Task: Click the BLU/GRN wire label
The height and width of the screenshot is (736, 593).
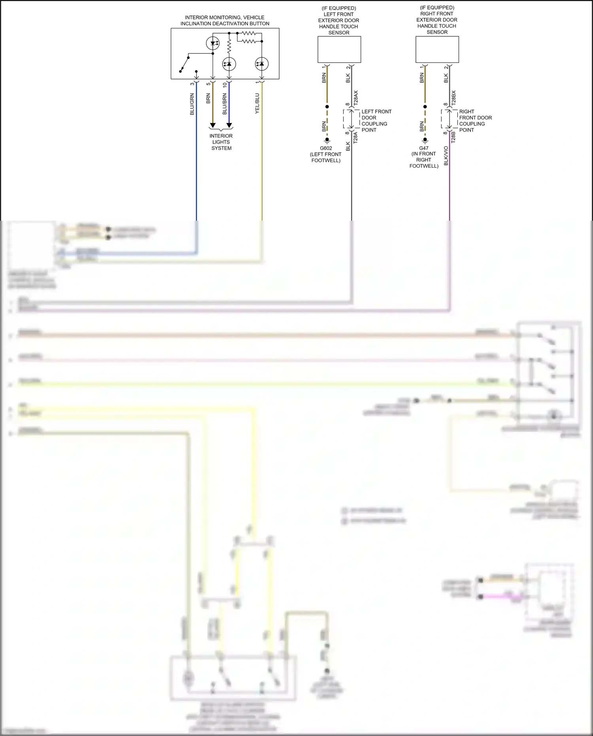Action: click(x=192, y=104)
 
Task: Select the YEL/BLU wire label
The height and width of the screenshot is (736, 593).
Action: click(x=257, y=104)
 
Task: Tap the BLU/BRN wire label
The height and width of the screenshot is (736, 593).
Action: click(x=225, y=104)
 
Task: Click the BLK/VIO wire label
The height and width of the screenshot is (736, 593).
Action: click(x=446, y=156)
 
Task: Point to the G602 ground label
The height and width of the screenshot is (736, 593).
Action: click(x=326, y=148)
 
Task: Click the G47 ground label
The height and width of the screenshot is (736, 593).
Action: click(x=424, y=148)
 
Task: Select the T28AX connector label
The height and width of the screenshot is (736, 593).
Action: click(x=356, y=98)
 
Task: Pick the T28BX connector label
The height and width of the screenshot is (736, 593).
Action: click(x=453, y=98)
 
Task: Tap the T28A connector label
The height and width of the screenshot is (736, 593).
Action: click(x=355, y=137)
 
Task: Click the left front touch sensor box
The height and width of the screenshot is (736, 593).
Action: click(x=339, y=49)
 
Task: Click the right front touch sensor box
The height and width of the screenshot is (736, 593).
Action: click(x=437, y=49)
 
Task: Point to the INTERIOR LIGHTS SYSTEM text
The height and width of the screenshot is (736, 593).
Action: click(x=221, y=142)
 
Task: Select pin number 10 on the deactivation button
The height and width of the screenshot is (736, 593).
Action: click(x=225, y=84)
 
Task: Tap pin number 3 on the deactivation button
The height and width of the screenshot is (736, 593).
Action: click(x=192, y=84)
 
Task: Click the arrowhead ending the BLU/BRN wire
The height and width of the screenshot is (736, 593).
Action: click(x=229, y=125)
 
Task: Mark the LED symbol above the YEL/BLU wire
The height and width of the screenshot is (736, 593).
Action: click(x=262, y=64)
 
